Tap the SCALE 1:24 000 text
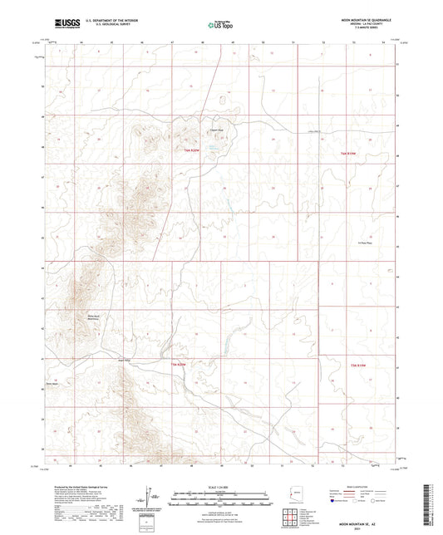221,487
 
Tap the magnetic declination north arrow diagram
150,497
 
